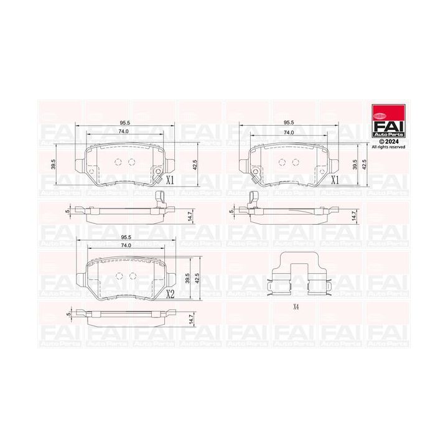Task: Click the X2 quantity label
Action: click(169, 294)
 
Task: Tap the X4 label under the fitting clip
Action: click(296, 307)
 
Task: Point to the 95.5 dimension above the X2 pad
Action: click(127, 238)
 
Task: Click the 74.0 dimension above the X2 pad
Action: click(127, 247)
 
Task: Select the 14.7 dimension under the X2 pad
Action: click(189, 319)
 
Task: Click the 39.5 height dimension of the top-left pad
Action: click(55, 164)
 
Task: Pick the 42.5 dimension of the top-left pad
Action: click(195, 164)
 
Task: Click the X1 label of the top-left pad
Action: click(169, 181)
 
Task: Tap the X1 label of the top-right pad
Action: click(334, 181)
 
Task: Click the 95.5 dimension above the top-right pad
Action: click(289, 123)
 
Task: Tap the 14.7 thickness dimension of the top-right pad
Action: click(354, 215)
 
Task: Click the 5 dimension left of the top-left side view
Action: click(67, 212)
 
